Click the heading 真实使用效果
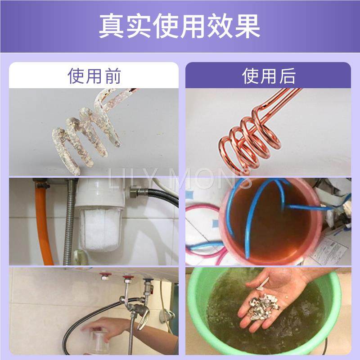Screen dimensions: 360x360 (180, 26)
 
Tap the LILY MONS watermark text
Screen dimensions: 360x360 (180, 180)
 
